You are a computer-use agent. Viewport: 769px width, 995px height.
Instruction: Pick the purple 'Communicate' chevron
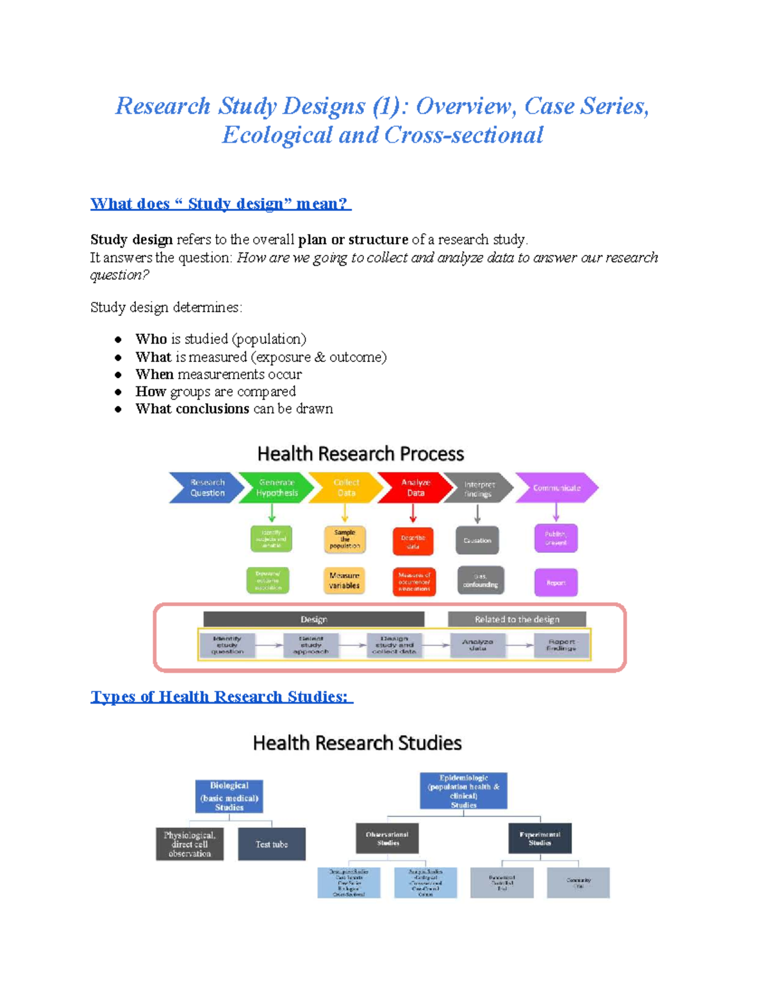coord(556,488)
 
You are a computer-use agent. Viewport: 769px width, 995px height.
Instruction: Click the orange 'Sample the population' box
coord(345,539)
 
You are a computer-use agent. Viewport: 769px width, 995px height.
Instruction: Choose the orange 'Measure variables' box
coord(345,580)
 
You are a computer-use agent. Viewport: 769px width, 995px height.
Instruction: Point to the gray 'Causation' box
coord(477,541)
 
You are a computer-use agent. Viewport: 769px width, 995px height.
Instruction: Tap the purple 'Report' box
coord(556,582)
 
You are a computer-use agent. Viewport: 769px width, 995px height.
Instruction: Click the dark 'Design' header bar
coord(314,619)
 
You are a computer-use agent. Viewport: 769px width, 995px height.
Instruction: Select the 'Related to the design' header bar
coord(517,619)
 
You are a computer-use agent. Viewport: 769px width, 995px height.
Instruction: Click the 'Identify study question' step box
coord(227,645)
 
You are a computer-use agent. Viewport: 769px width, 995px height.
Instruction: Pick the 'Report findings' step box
coord(561,645)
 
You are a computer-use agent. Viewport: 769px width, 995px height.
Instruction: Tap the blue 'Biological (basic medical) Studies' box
coord(229,796)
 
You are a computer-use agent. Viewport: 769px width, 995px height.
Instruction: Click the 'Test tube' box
coord(272,844)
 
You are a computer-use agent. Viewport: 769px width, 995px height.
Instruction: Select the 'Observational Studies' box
coord(387,838)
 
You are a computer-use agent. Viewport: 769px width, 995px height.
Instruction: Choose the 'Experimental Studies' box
coord(540,838)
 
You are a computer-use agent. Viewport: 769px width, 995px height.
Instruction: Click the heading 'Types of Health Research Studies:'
coord(221,696)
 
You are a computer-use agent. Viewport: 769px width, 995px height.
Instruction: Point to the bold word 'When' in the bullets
coord(154,374)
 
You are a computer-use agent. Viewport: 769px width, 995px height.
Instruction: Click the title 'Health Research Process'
coord(360,454)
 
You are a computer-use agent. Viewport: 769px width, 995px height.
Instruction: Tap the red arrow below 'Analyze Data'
coord(413,513)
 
